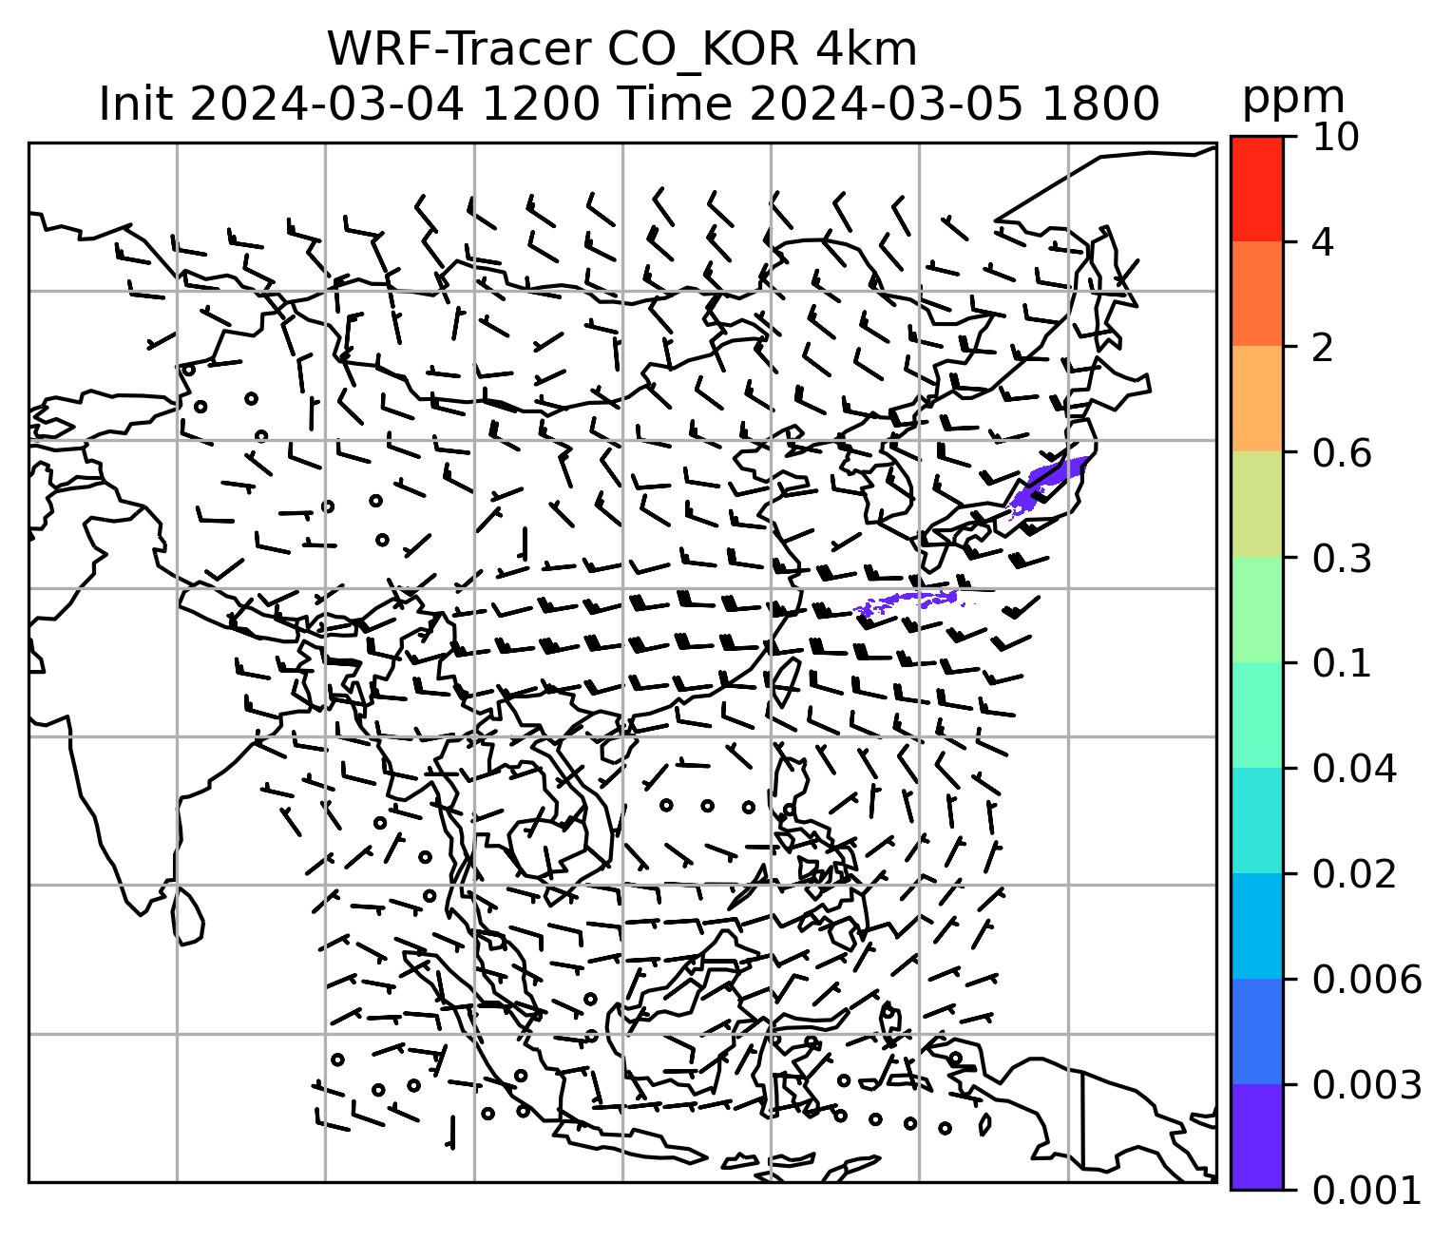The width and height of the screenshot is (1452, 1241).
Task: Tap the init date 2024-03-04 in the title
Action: click(x=327, y=104)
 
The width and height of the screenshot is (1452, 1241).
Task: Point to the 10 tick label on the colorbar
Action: click(x=1334, y=138)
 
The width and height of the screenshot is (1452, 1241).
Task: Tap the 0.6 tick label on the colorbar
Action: click(x=1340, y=454)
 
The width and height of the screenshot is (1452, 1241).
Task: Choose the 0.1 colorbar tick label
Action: click(x=1340, y=664)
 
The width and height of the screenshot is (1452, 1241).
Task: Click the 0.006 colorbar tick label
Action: click(x=1366, y=980)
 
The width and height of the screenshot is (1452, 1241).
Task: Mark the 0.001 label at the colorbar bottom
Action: click(x=1366, y=1190)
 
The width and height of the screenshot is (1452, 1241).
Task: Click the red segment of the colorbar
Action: click(x=1256, y=188)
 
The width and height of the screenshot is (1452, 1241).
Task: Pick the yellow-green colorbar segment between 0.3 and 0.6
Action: click(x=1256, y=504)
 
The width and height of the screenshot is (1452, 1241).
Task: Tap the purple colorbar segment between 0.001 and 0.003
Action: click(x=1256, y=1136)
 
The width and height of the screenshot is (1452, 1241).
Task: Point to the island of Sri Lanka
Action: click(x=188, y=915)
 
